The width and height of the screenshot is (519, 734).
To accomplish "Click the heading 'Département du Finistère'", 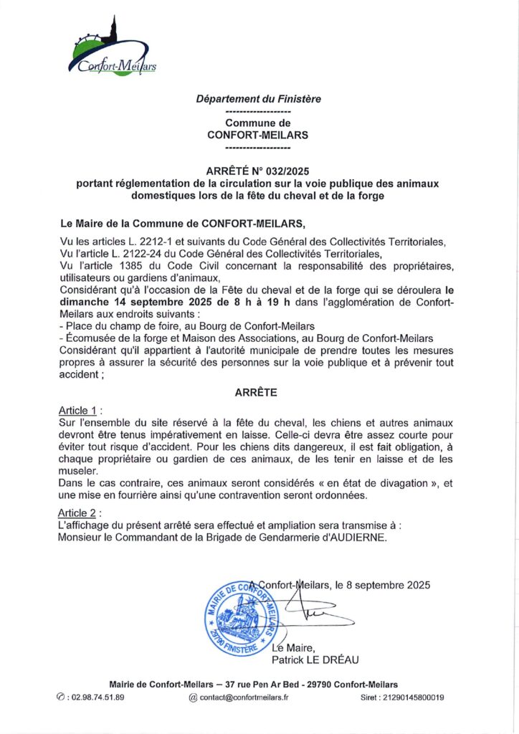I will [258, 99].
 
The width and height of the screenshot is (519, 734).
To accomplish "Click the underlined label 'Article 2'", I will [77, 513].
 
